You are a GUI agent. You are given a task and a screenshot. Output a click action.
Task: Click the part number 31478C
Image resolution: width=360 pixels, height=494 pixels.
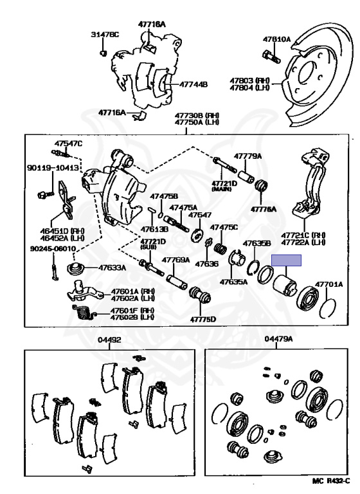tap(105, 34)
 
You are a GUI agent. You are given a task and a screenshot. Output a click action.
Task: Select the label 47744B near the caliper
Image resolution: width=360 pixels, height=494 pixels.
tap(193, 84)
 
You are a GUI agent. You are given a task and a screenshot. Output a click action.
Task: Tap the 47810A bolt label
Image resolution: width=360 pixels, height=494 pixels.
tap(276, 39)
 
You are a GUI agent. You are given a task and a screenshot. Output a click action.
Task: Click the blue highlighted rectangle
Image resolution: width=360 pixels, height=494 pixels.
tap(286, 261)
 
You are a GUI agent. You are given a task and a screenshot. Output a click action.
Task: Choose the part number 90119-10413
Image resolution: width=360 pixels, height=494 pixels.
tap(53, 168)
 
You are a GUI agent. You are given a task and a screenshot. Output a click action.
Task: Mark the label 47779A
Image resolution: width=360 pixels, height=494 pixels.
tap(248, 156)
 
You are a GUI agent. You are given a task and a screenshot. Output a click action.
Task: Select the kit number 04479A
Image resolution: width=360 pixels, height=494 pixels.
tap(280, 340)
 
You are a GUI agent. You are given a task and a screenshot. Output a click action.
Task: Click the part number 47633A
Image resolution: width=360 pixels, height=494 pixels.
tap(112, 267)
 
